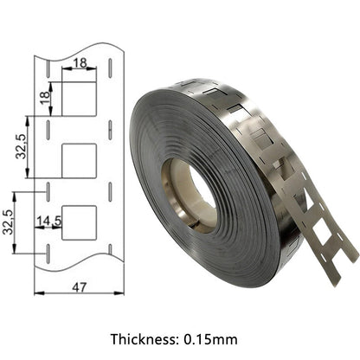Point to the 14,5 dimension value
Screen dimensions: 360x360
49,221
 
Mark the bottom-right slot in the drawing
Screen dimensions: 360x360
112,252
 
